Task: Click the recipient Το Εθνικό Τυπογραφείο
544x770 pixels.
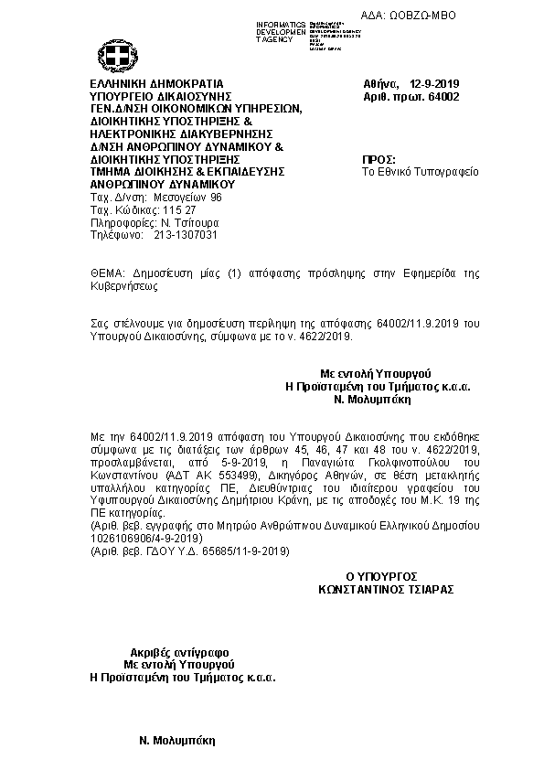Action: (421, 171)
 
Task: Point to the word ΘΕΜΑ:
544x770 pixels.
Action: (110, 273)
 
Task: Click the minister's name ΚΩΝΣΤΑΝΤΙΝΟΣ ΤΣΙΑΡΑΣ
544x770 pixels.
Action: (386, 590)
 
